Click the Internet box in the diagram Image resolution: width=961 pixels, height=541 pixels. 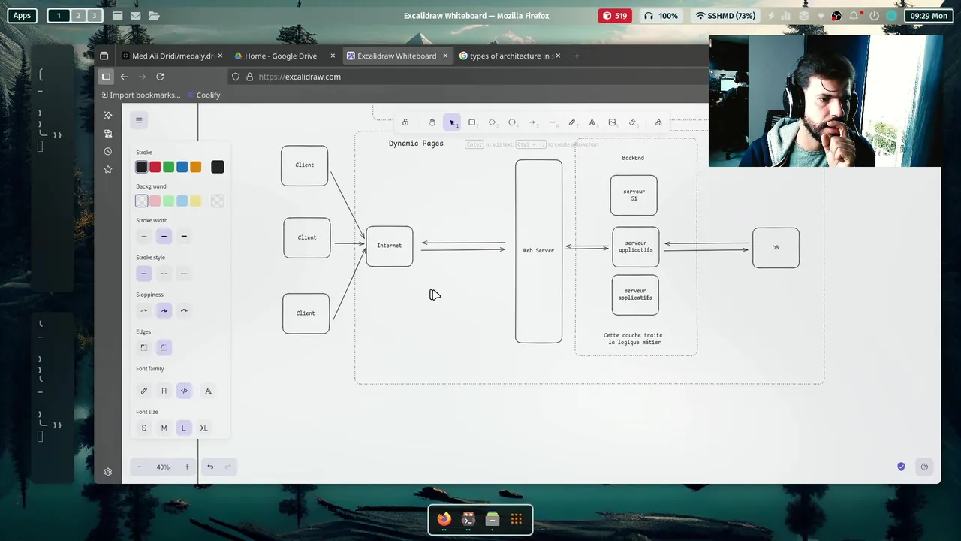point(389,246)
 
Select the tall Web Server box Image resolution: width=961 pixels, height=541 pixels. point(538,251)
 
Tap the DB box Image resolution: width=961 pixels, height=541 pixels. point(776,247)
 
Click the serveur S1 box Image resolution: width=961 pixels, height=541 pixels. point(634,195)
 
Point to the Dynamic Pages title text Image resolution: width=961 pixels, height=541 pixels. point(416,144)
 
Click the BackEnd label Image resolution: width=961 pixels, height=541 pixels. point(633,158)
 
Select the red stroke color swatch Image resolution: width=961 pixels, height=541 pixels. point(155,167)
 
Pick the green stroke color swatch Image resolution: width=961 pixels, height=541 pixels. point(169,167)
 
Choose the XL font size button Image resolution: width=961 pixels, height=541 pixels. point(203,428)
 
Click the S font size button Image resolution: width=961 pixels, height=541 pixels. point(144,428)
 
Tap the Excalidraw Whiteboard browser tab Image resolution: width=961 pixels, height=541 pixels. point(396,56)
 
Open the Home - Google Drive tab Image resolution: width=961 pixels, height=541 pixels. point(281,56)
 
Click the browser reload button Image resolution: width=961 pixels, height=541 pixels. point(160,77)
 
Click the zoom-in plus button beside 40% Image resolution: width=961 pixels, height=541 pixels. point(187,467)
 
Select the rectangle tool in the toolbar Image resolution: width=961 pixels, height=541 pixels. point(472,122)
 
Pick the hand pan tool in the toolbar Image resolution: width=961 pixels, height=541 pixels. point(432,122)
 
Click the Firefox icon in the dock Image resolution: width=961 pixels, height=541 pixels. point(444,519)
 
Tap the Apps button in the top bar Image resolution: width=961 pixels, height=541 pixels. point(22,15)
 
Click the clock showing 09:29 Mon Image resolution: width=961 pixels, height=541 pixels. point(929,15)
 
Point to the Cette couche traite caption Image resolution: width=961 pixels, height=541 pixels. point(633,339)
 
